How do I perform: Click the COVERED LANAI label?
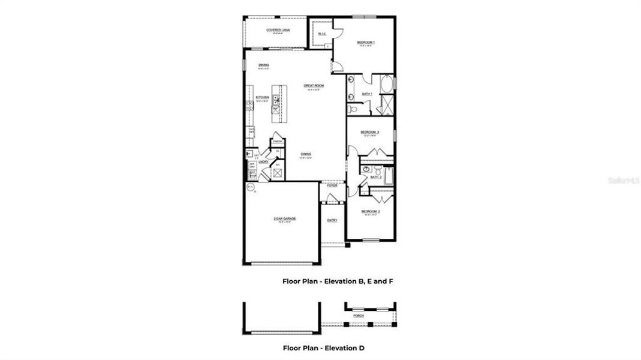[275, 29]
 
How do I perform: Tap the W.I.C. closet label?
[321, 34]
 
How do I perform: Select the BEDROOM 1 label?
[365, 42]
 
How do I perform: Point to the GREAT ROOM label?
[314, 86]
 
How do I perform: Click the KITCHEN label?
[262, 97]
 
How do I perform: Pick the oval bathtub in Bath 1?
[388, 83]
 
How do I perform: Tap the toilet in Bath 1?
[353, 110]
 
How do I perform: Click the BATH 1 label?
[367, 94]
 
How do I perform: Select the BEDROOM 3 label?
[369, 132]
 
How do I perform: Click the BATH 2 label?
[376, 177]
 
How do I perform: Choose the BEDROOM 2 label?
[369, 211]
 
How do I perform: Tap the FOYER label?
[332, 185]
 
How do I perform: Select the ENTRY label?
[332, 220]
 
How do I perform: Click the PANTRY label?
[278, 142]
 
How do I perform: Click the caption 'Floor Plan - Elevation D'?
[323, 347]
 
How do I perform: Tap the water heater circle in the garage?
[249, 188]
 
